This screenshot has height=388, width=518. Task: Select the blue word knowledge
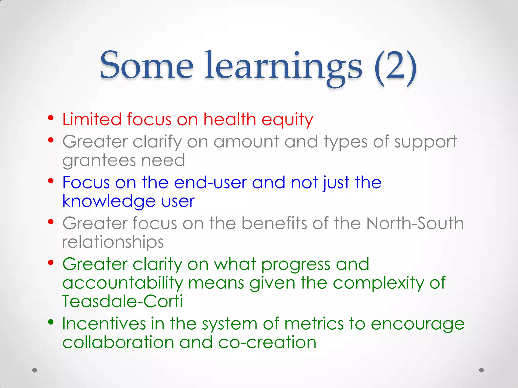[109, 201]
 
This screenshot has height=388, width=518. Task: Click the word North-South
[415, 223]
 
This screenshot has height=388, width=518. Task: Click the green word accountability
[122, 283]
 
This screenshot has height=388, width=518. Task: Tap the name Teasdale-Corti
[122, 301]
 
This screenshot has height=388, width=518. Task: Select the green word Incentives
[104, 324]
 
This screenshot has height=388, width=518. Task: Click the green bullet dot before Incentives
[51, 322]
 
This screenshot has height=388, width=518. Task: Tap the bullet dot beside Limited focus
[51, 118]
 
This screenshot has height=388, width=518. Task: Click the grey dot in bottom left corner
[35, 370]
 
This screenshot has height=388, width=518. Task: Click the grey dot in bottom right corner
[482, 370]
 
